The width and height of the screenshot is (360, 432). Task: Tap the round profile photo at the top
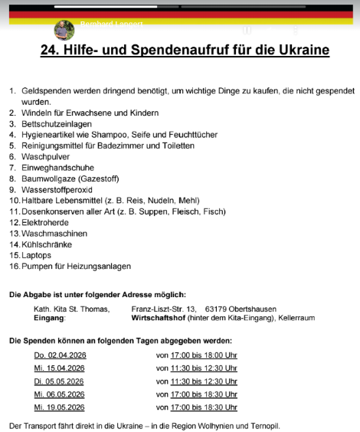click(x=64, y=30)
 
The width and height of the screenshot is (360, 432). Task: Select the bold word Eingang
click(x=50, y=317)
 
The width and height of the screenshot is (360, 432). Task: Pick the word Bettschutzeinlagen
click(x=58, y=123)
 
